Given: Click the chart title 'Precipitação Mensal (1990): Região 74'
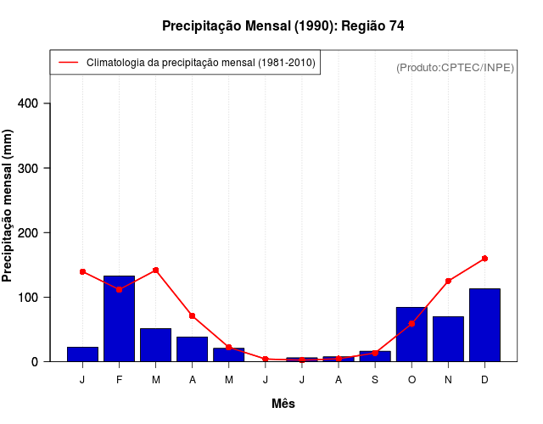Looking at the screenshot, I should pyautogui.click(x=283, y=26).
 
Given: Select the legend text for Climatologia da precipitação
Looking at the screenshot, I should pyautogui.click(x=201, y=63).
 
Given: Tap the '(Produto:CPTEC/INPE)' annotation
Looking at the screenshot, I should pyautogui.click(x=455, y=67).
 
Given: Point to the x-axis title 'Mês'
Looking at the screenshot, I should pyautogui.click(x=283, y=404).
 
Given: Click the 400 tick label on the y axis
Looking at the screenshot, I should pyautogui.click(x=28, y=103).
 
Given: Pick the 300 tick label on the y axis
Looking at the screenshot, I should pyautogui.click(x=28, y=168).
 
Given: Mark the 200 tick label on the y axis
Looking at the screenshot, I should pyautogui.click(x=28, y=232).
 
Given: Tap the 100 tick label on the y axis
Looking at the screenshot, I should pyautogui.click(x=28, y=297).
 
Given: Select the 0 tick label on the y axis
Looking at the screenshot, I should pyautogui.click(x=35, y=361).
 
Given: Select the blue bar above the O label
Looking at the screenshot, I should pyautogui.click(x=411, y=335).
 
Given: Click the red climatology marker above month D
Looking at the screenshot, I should pyautogui.click(x=484, y=258).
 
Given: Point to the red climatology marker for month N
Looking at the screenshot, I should pyautogui.click(x=448, y=281).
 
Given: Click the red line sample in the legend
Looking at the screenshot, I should pyautogui.click(x=68, y=63).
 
